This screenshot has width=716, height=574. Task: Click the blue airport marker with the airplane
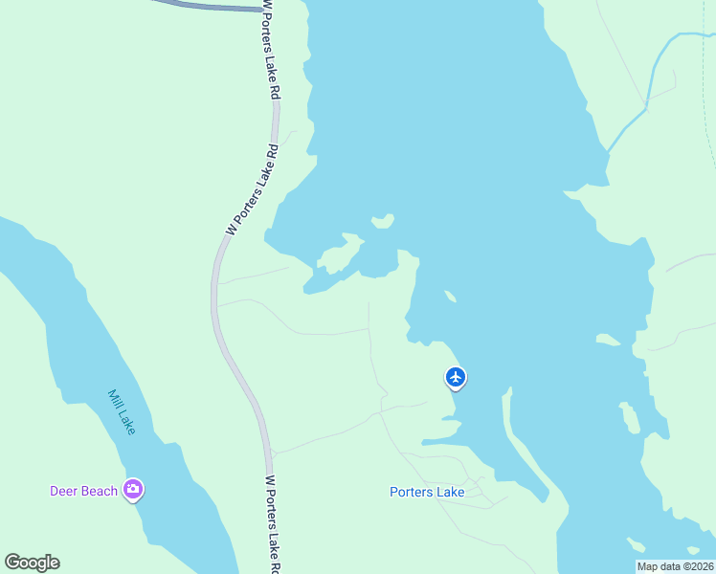(456, 377)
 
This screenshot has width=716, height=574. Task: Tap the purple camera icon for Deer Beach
(133, 491)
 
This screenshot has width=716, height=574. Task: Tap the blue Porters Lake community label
(427, 493)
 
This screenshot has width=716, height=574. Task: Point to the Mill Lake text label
(123, 411)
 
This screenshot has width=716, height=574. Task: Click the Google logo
(32, 563)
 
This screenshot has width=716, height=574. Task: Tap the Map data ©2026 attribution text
(675, 566)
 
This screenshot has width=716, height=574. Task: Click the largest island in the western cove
(338, 257)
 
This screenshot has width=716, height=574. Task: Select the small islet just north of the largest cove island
(383, 222)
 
